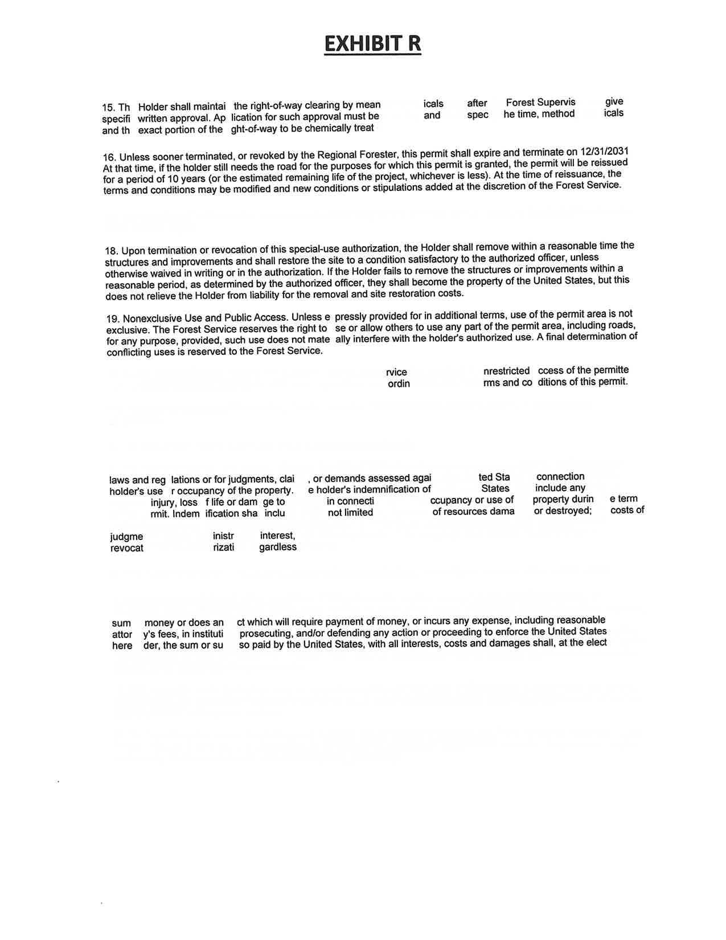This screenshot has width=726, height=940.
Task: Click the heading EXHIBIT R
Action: pyautogui.click(x=372, y=43)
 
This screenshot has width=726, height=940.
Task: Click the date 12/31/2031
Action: pyautogui.click(x=604, y=152)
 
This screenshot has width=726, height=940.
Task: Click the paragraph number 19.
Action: pyautogui.click(x=113, y=318)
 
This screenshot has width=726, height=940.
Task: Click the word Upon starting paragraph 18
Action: pyautogui.click(x=134, y=250)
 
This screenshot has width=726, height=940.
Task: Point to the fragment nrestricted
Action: pyautogui.click(x=506, y=371)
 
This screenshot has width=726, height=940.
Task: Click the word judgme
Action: pyautogui.click(x=126, y=537)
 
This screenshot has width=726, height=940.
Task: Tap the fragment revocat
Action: pyautogui.click(x=126, y=548)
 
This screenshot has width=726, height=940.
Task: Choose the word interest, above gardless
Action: pyautogui.click(x=278, y=536)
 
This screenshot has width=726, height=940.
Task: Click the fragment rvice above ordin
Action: pyautogui.click(x=396, y=372)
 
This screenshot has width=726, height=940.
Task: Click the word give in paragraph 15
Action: pyautogui.click(x=614, y=101)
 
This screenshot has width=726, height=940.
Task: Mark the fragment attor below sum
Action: pyautogui.click(x=122, y=634)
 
